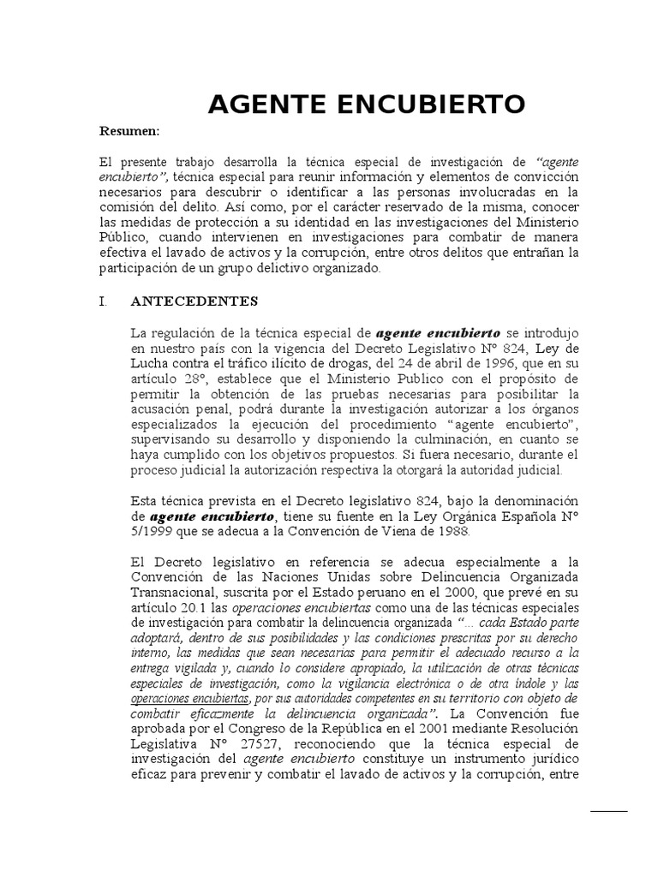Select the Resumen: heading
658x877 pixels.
click(130, 131)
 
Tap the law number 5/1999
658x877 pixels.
click(151, 532)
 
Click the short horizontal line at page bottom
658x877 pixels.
click(609, 810)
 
